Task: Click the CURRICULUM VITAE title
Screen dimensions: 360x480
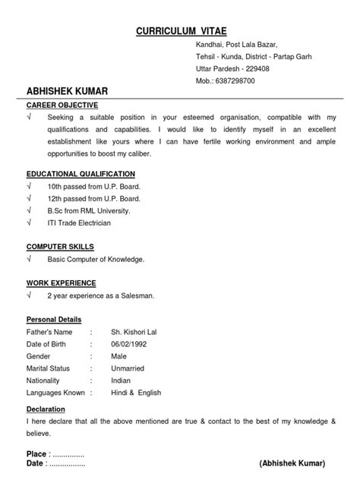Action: (180, 33)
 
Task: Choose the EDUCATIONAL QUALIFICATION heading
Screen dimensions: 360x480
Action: (81, 174)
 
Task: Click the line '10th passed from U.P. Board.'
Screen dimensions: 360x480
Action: (94, 186)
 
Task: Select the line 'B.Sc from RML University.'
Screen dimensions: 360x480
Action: (89, 210)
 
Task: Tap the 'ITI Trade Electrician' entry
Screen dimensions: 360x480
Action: (79, 223)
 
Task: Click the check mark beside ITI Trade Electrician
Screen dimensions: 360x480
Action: (29, 223)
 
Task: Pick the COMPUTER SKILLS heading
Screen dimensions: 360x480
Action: (61, 247)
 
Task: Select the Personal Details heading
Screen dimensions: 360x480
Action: (54, 320)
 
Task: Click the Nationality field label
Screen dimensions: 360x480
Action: (46, 381)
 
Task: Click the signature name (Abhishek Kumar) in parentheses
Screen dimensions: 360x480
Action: (292, 463)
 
